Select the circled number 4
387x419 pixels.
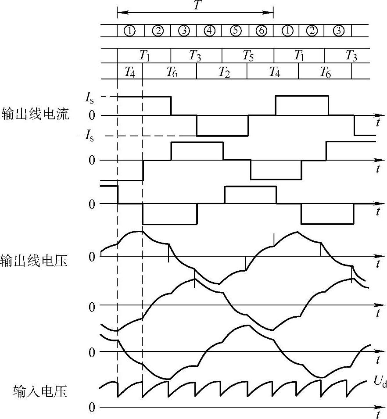[209, 31]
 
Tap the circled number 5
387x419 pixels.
[235, 31]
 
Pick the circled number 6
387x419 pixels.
[261, 31]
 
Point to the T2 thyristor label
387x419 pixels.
[224, 72]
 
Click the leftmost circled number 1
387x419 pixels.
[130, 31]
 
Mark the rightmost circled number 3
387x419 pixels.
[338, 31]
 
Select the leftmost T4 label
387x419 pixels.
[130, 72]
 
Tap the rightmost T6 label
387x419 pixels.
[325, 72]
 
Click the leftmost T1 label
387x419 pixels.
[145, 56]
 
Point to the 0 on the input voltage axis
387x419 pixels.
[92, 407]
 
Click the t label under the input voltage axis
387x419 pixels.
[378, 415]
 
